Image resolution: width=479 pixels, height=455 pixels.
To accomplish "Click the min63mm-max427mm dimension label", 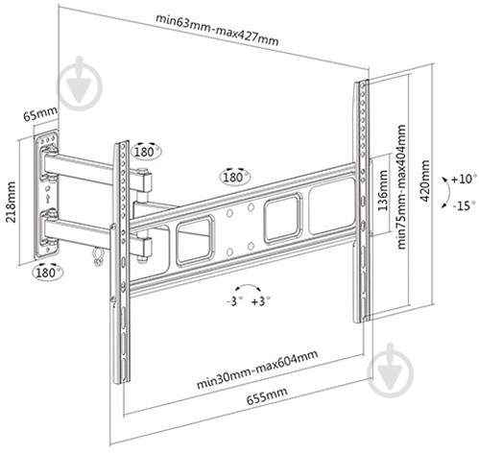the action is [x=217, y=30].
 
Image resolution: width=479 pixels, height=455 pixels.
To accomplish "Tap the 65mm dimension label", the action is [x=40, y=113].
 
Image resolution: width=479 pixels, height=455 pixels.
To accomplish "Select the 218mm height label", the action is [x=11, y=202].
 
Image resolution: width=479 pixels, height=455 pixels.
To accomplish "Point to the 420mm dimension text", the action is [x=424, y=180].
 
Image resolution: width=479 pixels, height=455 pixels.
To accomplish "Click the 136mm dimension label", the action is [x=383, y=190].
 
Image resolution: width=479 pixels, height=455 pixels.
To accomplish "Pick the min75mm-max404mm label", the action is [x=401, y=186].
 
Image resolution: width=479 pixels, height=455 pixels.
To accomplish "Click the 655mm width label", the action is [x=267, y=395].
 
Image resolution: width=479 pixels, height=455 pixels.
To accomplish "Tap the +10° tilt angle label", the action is [x=464, y=179].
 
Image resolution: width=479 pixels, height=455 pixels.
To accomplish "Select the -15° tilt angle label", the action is [x=465, y=205].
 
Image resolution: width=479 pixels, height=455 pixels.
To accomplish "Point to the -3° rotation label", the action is [x=234, y=300].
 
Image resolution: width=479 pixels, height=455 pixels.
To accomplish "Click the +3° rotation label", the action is [x=260, y=301].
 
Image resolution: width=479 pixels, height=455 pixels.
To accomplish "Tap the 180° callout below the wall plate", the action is [x=48, y=273].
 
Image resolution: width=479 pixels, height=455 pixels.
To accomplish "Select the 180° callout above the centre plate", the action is [x=235, y=177].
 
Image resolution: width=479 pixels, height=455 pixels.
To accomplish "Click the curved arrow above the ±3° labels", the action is [x=248, y=285].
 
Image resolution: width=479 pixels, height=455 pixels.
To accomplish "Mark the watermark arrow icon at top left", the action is [x=80, y=84].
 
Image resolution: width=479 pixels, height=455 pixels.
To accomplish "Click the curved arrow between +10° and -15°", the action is [x=448, y=192].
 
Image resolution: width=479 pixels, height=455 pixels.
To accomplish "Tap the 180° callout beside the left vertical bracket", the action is [x=146, y=151].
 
